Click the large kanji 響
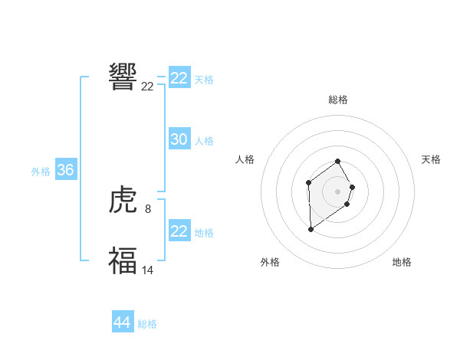(x=123, y=77)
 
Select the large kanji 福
(x=123, y=260)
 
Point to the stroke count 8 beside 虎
(x=147, y=208)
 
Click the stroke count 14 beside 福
(x=148, y=269)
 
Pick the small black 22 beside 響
(x=147, y=87)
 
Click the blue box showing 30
(x=179, y=139)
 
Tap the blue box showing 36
(x=65, y=170)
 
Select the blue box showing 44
(x=122, y=322)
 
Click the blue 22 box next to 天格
(x=179, y=78)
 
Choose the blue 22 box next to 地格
(x=179, y=231)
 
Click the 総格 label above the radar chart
(x=338, y=100)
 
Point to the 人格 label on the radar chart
(x=245, y=159)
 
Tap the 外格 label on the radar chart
(x=270, y=262)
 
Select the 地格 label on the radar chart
(x=402, y=262)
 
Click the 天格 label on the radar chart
(x=431, y=159)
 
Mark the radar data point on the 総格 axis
(x=338, y=161)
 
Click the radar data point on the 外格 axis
(x=310, y=229)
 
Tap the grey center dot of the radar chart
(x=338, y=191)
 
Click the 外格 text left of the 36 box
(x=41, y=172)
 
